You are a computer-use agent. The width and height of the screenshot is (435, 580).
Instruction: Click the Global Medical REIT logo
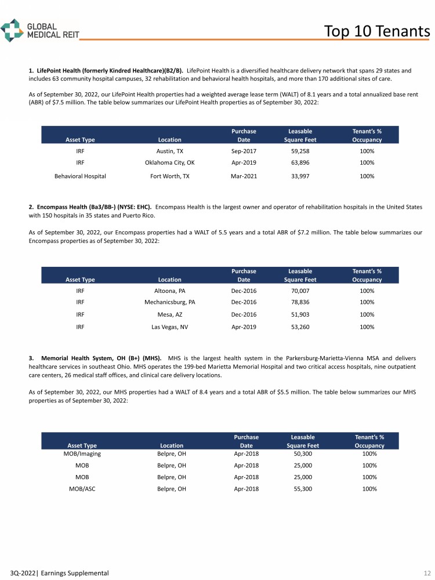click(40, 30)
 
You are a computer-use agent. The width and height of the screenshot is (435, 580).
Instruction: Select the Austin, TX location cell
click(169, 151)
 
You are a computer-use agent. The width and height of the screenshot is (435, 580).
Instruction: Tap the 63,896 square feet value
click(300, 162)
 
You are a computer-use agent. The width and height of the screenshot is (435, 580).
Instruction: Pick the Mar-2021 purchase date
click(244, 176)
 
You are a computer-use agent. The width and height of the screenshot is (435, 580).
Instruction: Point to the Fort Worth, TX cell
click(169, 176)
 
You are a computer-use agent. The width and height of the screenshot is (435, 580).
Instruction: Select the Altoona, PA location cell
click(169, 291)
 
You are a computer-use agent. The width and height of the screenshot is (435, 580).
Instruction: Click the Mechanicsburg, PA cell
click(169, 302)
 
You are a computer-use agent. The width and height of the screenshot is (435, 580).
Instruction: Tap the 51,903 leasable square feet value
click(300, 314)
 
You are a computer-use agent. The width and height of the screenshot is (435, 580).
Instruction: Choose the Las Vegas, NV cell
click(169, 327)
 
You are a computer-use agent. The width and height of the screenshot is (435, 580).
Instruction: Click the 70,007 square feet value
click(300, 291)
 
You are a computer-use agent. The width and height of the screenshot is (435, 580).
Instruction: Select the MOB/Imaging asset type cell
click(82, 454)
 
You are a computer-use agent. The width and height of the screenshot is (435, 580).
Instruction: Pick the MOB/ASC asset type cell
click(82, 489)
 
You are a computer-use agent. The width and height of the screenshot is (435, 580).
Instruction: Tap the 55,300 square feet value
click(303, 489)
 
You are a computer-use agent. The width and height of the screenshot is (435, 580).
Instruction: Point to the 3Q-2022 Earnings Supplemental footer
click(55, 573)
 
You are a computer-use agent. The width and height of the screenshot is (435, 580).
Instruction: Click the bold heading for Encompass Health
click(90, 206)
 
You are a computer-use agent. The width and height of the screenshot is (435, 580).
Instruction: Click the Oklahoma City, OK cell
click(169, 162)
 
